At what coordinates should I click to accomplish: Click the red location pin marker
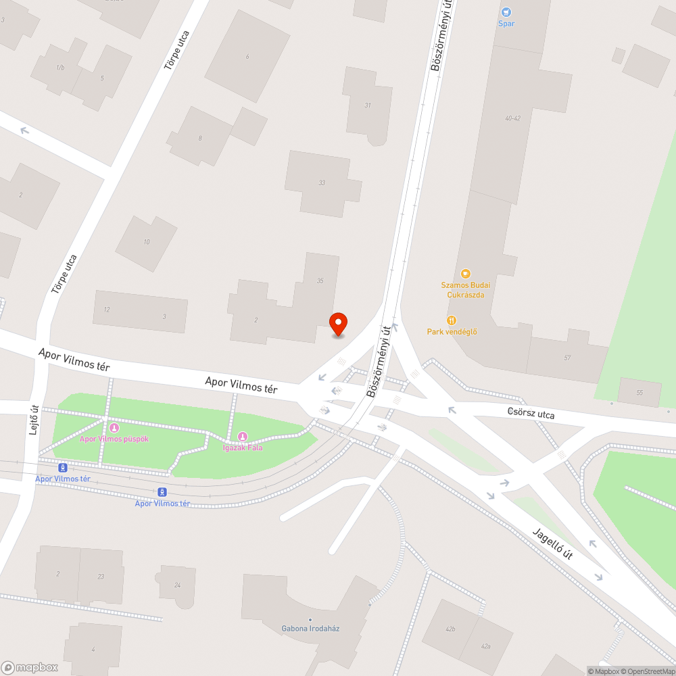tap(337, 324)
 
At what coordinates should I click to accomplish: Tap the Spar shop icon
tap(506, 12)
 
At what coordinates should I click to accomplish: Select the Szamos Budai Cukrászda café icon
tap(465, 273)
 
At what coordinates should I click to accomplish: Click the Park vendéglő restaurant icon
tap(452, 320)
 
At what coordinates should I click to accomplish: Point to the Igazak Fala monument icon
tap(243, 436)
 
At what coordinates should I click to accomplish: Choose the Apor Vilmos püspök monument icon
tap(114, 427)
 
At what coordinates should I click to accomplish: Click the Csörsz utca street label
tap(531, 413)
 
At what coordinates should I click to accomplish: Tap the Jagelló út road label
tap(552, 544)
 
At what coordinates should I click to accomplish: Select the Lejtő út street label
tap(34, 420)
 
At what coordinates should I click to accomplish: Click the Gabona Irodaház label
tap(310, 628)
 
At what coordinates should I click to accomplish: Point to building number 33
tap(322, 183)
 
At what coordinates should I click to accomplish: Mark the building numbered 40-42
tap(512, 118)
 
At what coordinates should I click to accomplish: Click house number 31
tap(368, 105)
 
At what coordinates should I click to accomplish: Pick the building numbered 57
tap(566, 357)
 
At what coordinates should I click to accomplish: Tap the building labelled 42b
tap(450, 629)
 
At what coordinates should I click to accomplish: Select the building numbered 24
tap(178, 585)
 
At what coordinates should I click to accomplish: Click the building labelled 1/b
tap(60, 68)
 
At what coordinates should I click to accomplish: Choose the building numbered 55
tap(639, 393)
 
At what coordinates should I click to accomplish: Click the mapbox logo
tap(30, 667)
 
